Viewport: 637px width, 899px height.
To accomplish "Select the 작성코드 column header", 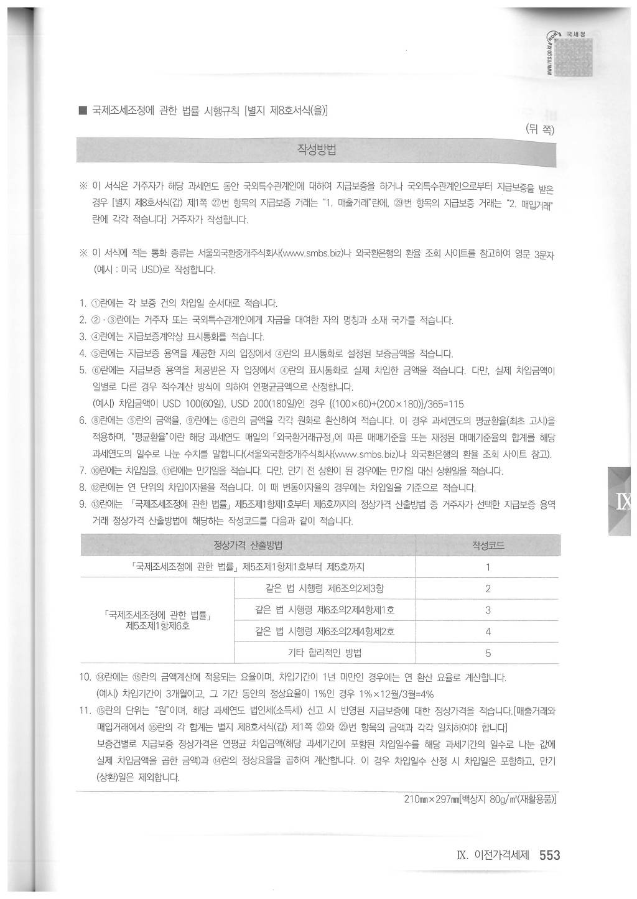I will tap(488, 546).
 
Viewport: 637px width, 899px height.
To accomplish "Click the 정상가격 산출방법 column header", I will tap(248, 546).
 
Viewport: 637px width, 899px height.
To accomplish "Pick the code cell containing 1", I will tap(488, 567).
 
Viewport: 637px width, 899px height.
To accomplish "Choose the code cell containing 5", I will tap(488, 653).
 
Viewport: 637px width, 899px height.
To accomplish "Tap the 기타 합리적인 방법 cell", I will tap(324, 653).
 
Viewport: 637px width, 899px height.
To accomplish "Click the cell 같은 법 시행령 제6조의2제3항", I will tap(324, 589).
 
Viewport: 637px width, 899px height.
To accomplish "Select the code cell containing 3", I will tap(488, 610).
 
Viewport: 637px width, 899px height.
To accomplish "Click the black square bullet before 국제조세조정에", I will tap(82, 111).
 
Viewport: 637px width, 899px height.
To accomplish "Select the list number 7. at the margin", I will tap(83, 470).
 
